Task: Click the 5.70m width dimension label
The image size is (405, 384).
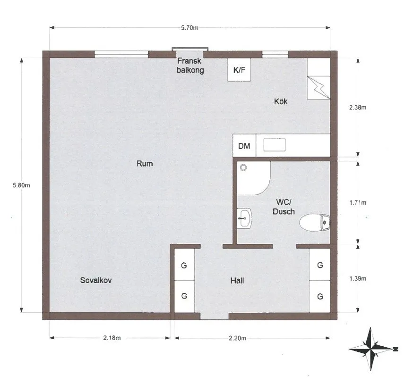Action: coord(190,28)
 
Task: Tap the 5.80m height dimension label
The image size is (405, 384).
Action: coord(21,185)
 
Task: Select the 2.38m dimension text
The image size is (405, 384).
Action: coord(358,107)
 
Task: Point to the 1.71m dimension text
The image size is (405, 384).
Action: coord(358,203)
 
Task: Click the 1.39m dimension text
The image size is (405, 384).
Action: coord(358,278)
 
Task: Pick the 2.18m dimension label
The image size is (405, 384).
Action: coord(112,338)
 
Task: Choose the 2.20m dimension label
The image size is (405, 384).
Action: coord(238,338)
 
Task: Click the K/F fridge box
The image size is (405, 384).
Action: coord(239,70)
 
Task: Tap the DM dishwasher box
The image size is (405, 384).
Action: coord(244,146)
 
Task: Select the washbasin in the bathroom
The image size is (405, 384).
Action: coord(244,218)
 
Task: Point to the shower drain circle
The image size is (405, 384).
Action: coord(243,167)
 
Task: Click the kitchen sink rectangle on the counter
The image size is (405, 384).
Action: coord(274,145)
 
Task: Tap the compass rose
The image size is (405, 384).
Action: coord(371,349)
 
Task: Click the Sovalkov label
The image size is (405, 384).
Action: coord(96,280)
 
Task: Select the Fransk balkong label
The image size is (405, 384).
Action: coord(190,66)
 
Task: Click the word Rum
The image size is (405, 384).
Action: coord(145,164)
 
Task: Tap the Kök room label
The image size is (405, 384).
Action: coord(281,101)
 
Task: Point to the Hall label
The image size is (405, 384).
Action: coord(237,281)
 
